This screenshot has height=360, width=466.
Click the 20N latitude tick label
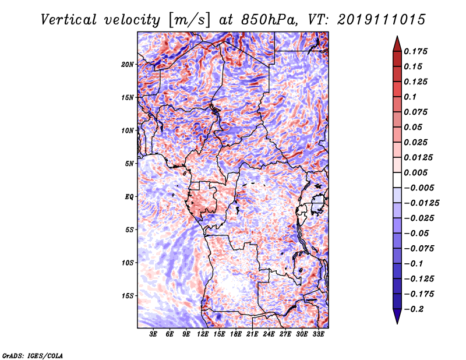(x=128, y=64)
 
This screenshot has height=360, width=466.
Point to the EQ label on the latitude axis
(x=129, y=196)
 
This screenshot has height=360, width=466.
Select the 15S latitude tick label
(x=128, y=296)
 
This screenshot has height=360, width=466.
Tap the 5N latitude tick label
(x=129, y=164)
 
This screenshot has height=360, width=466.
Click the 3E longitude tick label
(x=154, y=335)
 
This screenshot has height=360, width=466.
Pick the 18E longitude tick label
(x=236, y=335)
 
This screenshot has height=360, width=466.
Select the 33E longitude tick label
(x=318, y=335)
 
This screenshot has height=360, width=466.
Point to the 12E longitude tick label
(x=203, y=335)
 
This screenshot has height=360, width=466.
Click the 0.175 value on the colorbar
(x=417, y=52)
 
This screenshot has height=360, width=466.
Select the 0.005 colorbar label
(x=417, y=172)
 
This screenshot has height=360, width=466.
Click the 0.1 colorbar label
(x=411, y=97)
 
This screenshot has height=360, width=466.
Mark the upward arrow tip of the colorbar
(x=397, y=38)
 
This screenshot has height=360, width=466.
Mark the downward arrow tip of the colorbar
(x=397, y=322)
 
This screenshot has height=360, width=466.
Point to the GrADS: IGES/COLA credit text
(x=33, y=355)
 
